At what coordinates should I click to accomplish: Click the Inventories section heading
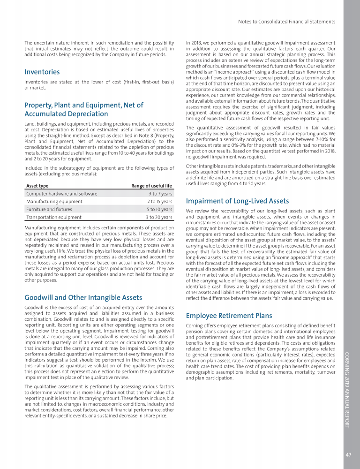pos(42,72)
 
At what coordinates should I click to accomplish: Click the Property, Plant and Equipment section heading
pos(84,109)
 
